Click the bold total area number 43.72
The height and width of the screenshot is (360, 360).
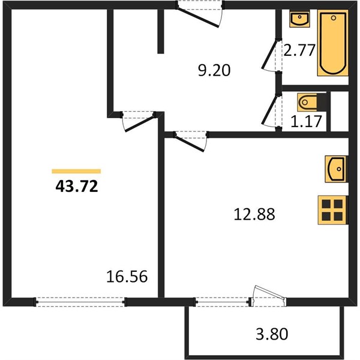point(77,186)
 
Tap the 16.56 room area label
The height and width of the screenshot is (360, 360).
point(127,277)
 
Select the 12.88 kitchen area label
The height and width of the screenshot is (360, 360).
point(254,214)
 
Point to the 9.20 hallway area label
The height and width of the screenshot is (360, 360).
point(214,70)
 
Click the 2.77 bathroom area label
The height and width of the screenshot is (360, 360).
point(299,50)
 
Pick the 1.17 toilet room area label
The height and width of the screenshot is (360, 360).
point(306,121)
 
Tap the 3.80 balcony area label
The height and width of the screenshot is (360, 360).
point(272,334)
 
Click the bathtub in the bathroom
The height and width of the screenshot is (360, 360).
point(333,43)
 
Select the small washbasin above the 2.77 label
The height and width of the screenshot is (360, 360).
point(299,19)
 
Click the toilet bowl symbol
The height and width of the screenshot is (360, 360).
point(307,102)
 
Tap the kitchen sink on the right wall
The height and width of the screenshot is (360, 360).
point(335,169)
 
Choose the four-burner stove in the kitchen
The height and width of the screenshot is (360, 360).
point(333,210)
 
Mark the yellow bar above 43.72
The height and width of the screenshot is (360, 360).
point(76,171)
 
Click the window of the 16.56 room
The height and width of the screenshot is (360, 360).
point(80,302)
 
